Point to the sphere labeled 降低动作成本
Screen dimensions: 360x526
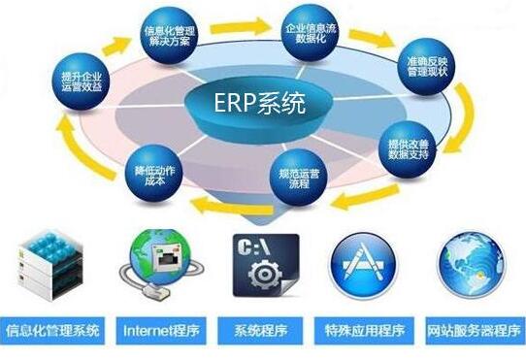click(149, 177)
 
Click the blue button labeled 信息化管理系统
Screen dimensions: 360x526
click(53, 329)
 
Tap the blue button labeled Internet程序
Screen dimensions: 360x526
click(159, 329)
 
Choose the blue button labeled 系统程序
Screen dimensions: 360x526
click(263, 329)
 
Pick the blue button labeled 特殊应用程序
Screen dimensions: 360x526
click(367, 329)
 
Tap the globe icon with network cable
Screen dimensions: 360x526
click(155, 259)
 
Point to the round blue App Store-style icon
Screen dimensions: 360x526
click(365, 262)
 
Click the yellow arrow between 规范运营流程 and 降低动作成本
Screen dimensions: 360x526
click(217, 202)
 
